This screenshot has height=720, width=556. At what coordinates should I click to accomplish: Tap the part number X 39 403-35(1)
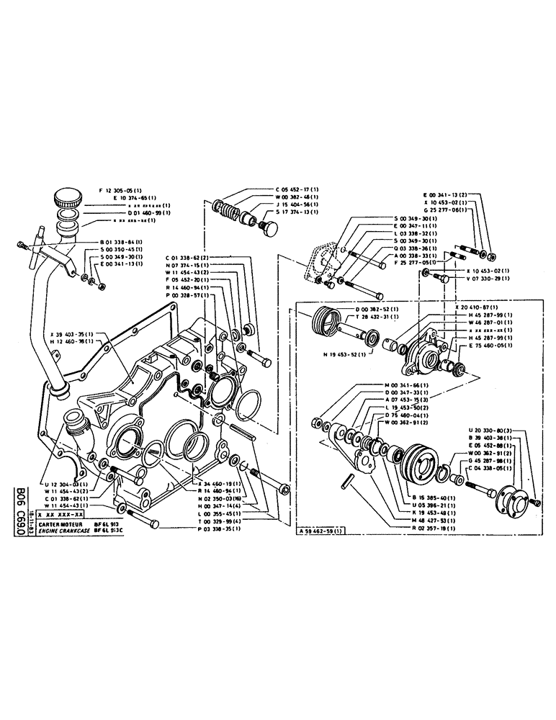tap(74, 333)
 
